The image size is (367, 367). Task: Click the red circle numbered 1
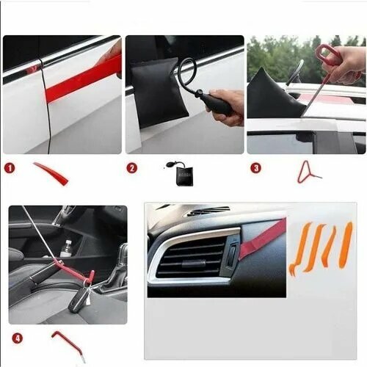click(x=10, y=168)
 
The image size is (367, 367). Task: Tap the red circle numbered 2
click(x=132, y=168)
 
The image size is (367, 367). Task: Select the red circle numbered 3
click(x=255, y=168)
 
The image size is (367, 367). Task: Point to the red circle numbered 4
click(x=18, y=338)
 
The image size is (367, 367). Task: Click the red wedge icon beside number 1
click(x=51, y=173)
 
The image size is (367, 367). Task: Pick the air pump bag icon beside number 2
click(x=181, y=173)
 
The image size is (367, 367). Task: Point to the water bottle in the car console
click(x=66, y=249)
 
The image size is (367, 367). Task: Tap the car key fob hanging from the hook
click(x=79, y=300)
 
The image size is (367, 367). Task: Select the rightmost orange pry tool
click(x=346, y=245)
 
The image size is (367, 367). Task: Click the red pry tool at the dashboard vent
click(x=263, y=239)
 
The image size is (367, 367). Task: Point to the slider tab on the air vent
click(x=194, y=264)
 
